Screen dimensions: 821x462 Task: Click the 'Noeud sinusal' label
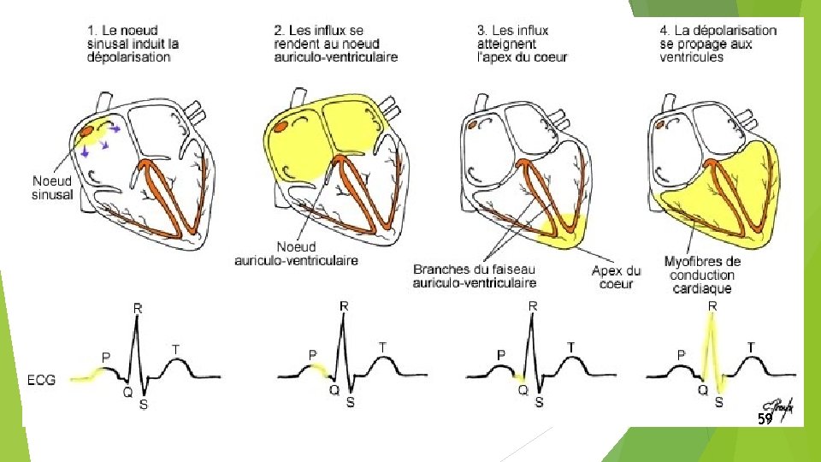pyautogui.click(x=52, y=187)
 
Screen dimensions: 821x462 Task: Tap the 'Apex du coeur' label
pyautogui.click(x=616, y=277)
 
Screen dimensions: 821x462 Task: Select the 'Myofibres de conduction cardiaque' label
pyautogui.click(x=702, y=275)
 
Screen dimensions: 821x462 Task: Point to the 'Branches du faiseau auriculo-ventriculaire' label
pyautogui.click(x=475, y=276)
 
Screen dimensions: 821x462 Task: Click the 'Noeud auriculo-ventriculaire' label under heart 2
pyautogui.click(x=297, y=253)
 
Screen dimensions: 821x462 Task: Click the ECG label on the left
pyautogui.click(x=41, y=380)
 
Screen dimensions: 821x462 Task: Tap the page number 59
pyautogui.click(x=765, y=418)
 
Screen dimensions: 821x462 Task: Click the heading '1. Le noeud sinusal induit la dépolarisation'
pyautogui.click(x=133, y=44)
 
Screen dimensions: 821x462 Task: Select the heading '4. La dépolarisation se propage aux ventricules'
pyautogui.click(x=718, y=44)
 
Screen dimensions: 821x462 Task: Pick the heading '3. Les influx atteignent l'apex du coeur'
pyautogui.click(x=522, y=44)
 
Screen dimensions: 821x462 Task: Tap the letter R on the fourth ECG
pyautogui.click(x=712, y=306)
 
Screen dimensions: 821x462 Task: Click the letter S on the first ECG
pyautogui.click(x=144, y=405)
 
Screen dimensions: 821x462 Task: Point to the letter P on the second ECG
pyautogui.click(x=313, y=355)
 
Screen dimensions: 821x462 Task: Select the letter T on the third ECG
pyautogui.click(x=570, y=346)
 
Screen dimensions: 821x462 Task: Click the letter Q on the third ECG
pyautogui.click(x=523, y=390)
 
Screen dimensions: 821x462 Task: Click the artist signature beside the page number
pyautogui.click(x=779, y=409)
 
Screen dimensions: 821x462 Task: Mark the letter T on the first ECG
pyautogui.click(x=176, y=349)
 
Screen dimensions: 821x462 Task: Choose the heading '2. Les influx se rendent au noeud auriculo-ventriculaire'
pyautogui.click(x=335, y=44)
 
